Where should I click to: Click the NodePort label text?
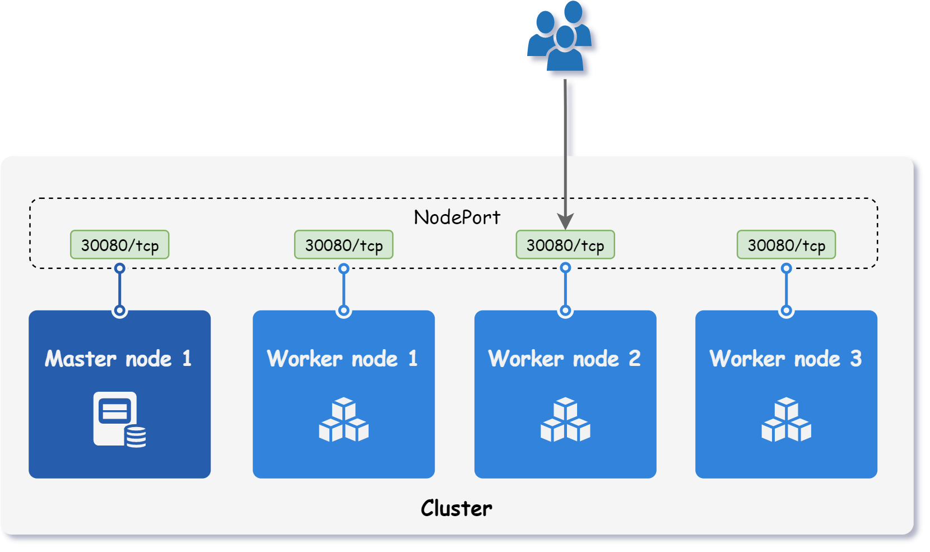457,217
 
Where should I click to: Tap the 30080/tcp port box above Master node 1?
119,245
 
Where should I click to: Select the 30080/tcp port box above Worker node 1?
343,245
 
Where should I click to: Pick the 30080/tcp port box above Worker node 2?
565,245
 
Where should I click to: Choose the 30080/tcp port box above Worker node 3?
786,245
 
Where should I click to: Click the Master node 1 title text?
118,359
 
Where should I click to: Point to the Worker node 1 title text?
342,359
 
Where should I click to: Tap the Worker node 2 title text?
564,359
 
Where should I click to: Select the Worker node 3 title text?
785,359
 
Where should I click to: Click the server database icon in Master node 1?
119,419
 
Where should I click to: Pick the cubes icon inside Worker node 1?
343,420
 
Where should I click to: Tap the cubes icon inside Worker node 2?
565,420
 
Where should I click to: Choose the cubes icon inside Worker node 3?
786,420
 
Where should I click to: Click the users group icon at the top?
563,39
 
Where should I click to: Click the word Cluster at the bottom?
457,508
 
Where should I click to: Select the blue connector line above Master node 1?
119,289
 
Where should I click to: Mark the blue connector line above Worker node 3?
787,289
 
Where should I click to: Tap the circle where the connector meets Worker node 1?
344,310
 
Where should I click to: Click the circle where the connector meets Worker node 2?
566,310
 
